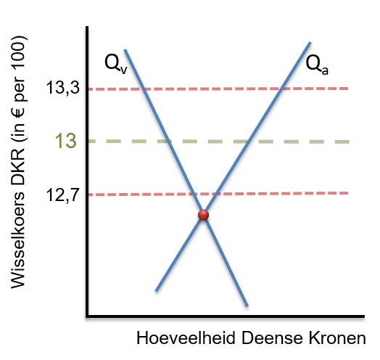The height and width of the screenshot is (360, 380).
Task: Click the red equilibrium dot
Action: tap(203, 215)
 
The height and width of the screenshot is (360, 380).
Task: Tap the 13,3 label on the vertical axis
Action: tap(63, 87)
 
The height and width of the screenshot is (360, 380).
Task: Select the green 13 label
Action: tap(66, 141)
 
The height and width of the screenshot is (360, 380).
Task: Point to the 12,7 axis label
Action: tap(63, 195)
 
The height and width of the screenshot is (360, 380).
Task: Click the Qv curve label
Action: tap(115, 64)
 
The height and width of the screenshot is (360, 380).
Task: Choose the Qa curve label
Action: tap(317, 65)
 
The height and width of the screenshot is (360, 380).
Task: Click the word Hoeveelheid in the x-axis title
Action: tap(186, 338)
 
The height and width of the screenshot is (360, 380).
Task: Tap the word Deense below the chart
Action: tap(272, 338)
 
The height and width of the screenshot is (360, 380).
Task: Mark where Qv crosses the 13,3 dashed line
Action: tap(144, 89)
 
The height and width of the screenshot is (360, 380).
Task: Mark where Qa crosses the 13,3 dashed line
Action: tap(281, 89)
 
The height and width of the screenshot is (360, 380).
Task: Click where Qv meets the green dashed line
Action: tap(169, 142)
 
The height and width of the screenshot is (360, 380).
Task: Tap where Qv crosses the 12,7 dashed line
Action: tap(194, 194)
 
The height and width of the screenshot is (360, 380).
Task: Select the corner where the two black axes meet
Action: tap(87, 316)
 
